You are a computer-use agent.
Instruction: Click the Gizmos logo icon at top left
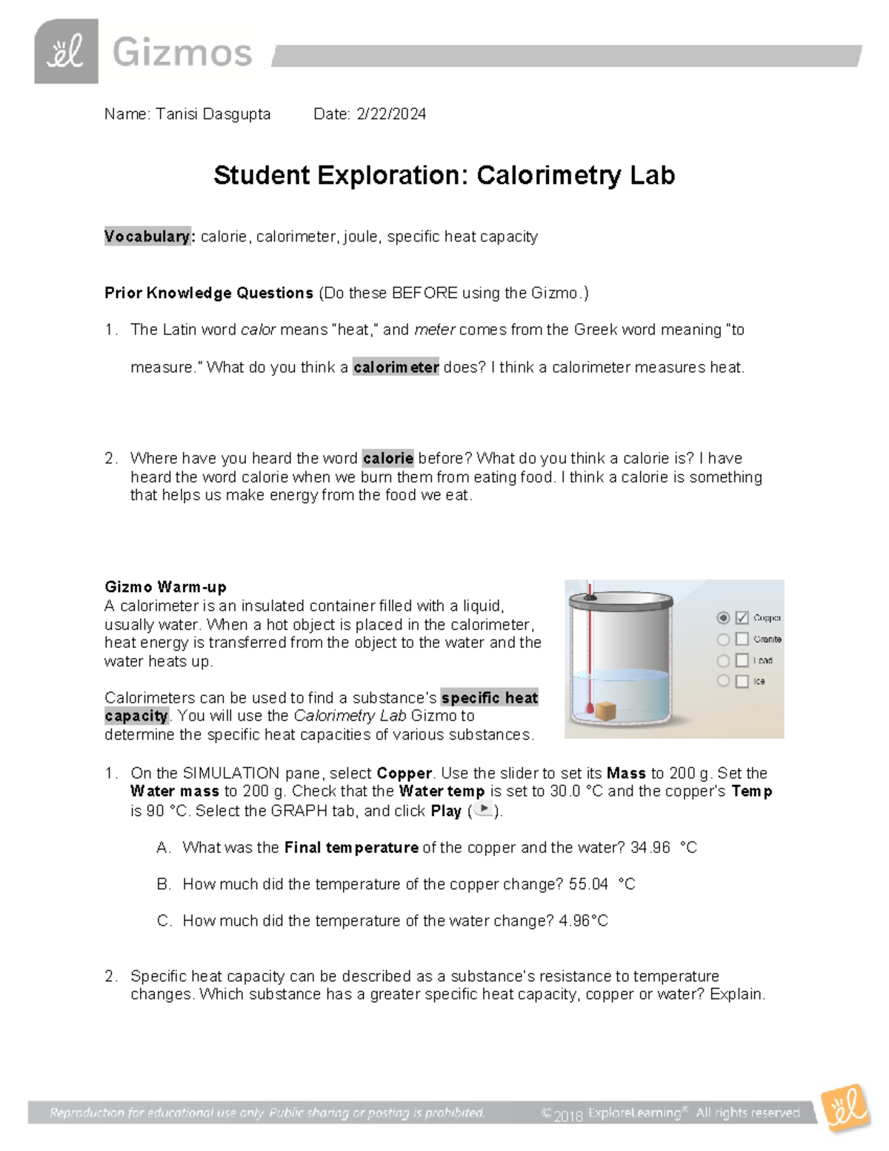(x=66, y=51)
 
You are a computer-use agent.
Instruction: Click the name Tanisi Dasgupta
(x=213, y=114)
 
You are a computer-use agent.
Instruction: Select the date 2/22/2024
(x=390, y=114)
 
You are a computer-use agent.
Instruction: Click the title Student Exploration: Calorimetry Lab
(x=444, y=176)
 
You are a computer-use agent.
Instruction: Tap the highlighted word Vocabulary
(x=147, y=236)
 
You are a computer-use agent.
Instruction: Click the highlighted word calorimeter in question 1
(x=396, y=367)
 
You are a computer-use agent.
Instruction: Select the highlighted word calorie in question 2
(x=387, y=458)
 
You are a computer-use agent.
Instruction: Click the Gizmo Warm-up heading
(x=165, y=587)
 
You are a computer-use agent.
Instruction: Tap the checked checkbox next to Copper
(x=742, y=617)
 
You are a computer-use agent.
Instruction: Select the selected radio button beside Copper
(x=723, y=617)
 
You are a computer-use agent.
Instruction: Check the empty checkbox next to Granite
(x=742, y=639)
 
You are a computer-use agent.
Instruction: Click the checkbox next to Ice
(x=742, y=681)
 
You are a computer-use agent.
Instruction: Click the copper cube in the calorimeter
(x=606, y=711)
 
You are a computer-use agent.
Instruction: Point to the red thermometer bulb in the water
(x=590, y=709)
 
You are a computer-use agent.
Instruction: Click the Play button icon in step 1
(x=483, y=809)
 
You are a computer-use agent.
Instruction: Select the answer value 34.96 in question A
(x=650, y=847)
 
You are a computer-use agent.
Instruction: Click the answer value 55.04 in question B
(x=588, y=884)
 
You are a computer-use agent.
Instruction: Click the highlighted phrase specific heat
(x=489, y=697)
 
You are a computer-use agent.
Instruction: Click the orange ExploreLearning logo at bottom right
(x=845, y=1108)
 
